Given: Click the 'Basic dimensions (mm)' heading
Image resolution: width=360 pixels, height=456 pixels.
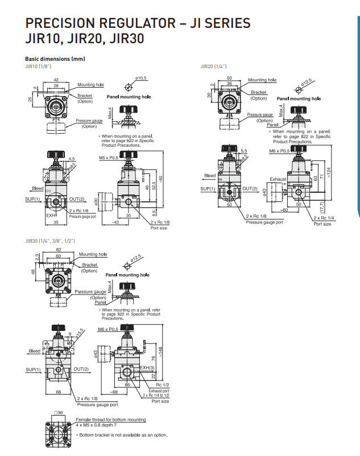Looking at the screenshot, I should [55, 59].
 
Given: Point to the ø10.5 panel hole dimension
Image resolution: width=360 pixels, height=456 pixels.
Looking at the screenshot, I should [141, 77].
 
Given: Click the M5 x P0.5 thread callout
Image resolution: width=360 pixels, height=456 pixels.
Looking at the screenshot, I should [109, 157].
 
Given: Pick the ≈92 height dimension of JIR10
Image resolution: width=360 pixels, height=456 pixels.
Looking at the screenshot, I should [161, 178].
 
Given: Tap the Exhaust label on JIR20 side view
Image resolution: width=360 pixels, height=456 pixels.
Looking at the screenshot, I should [278, 179].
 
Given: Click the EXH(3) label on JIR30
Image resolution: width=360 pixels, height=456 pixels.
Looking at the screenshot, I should [148, 368].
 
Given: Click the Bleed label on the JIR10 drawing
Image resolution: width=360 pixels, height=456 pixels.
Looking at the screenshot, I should [38, 188].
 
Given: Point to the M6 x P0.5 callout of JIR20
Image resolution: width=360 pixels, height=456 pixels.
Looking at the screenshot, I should [279, 152].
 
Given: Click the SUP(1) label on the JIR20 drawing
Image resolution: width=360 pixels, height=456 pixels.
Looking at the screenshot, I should [208, 189].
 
